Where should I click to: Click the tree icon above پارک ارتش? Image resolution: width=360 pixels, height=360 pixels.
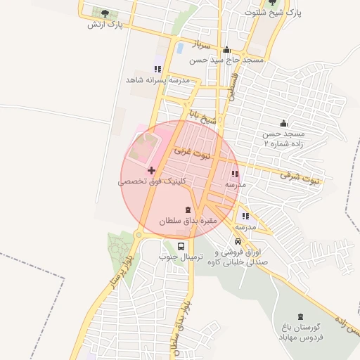[105, 13]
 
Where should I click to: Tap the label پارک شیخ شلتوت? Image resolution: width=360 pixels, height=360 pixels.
[274, 13]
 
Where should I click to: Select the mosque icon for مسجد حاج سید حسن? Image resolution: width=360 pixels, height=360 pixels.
[226, 50]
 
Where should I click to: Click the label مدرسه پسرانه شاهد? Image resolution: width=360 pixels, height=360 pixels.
[153, 80]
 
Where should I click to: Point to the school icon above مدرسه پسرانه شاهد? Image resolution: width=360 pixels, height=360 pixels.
[157, 69]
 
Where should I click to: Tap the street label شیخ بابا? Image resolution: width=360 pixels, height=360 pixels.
[204, 117]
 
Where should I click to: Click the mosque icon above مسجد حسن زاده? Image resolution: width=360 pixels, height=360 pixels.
[283, 122]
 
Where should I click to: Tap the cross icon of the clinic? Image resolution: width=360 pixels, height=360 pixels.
[151, 170]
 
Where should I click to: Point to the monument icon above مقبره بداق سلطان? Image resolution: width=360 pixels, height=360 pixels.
[188, 210]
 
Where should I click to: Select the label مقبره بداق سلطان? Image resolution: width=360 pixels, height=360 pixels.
[190, 221]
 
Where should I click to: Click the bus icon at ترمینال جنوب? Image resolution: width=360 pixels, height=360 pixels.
[181, 247]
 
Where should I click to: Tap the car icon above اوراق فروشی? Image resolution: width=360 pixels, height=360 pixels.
[238, 241]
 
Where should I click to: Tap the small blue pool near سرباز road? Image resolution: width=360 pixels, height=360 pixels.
[180, 48]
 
